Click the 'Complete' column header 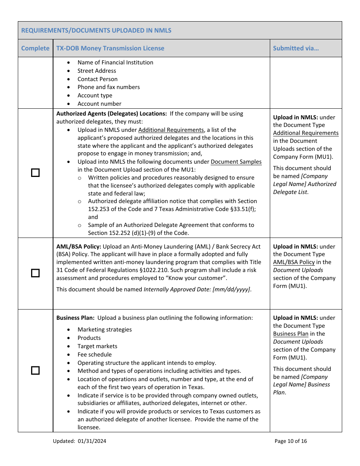coord(35,48)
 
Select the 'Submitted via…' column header coord(296,48)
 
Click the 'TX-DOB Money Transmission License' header coord(110,48)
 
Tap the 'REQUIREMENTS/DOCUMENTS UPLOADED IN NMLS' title coord(96,30)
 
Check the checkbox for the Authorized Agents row coord(35,173)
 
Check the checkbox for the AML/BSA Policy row coord(35,273)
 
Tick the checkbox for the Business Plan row coord(35,371)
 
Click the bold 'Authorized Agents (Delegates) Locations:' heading coord(111,114)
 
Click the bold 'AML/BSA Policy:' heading coord(79,247)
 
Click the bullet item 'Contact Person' coord(97,79)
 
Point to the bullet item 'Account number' coord(99,104)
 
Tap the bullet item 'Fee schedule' coord(95,355)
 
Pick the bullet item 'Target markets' coord(97,346)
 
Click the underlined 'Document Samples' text coord(236,162)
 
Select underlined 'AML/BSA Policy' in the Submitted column coord(294,262)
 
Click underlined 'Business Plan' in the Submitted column coord(291,334)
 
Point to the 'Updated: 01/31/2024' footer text coord(80,441)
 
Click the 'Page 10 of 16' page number coord(291,441)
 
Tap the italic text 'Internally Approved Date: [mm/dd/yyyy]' coord(197,289)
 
